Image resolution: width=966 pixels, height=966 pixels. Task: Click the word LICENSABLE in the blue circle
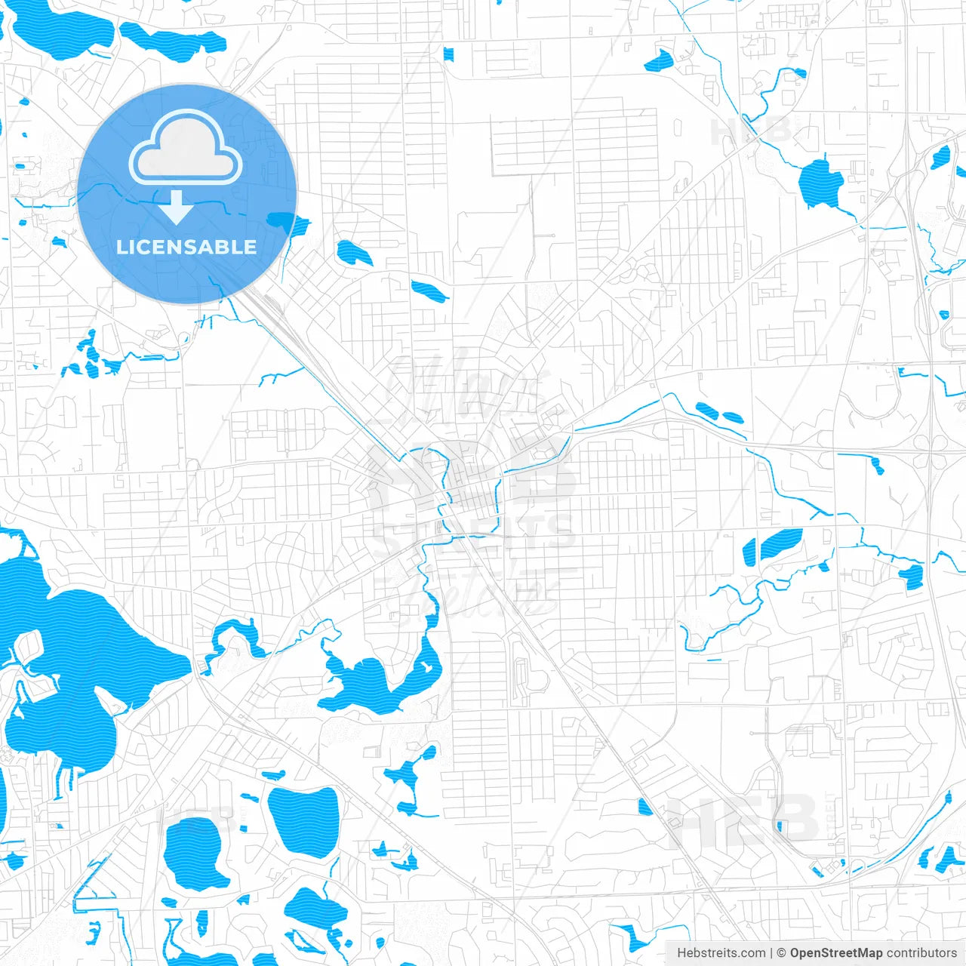[x=186, y=247]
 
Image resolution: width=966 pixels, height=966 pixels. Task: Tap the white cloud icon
[x=186, y=147]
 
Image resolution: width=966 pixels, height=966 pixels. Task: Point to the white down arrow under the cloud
[x=177, y=208]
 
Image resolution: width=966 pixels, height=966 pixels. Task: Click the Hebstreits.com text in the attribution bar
[x=721, y=953]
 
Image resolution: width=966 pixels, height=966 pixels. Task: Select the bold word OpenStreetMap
[x=836, y=953]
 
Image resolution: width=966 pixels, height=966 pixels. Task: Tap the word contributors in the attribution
[x=921, y=953]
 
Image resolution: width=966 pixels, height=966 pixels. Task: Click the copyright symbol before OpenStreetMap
[x=782, y=953]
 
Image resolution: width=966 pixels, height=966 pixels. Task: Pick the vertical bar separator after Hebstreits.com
[x=771, y=953]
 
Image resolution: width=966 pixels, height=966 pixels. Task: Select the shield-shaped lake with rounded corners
[x=303, y=821]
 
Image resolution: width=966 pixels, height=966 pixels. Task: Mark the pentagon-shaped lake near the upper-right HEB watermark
[x=820, y=183]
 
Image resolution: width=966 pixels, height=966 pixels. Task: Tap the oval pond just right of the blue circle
[x=352, y=253]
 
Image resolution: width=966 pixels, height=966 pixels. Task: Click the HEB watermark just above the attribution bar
[x=743, y=820]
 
